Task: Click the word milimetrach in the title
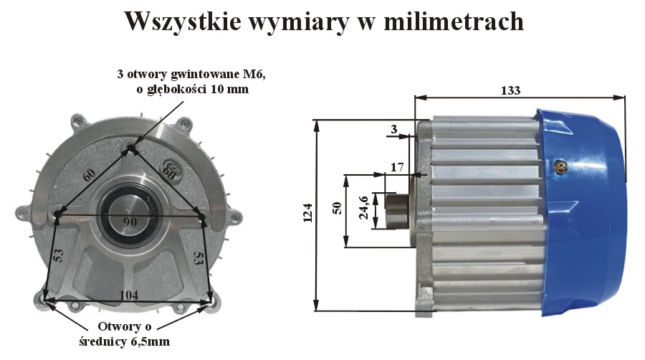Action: click(x=454, y=22)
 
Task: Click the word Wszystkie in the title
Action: click(x=183, y=22)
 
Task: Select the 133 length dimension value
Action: click(x=510, y=90)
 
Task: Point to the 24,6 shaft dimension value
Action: click(x=363, y=207)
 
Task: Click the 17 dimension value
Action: click(x=397, y=167)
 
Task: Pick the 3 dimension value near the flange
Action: click(x=394, y=129)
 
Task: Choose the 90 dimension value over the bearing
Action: click(x=130, y=222)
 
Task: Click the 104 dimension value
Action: click(x=129, y=295)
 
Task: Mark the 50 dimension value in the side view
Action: click(x=337, y=208)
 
